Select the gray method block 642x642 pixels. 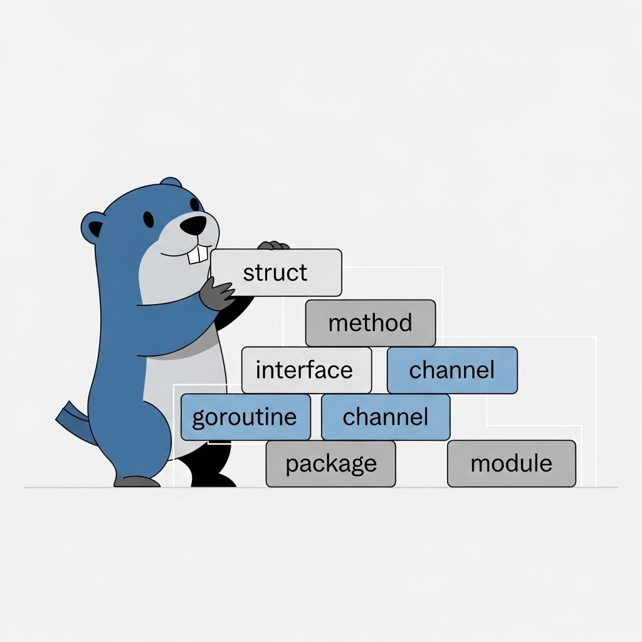point(370,323)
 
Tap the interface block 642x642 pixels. point(306,370)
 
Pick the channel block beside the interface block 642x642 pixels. point(452,370)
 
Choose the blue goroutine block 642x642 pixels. point(245,417)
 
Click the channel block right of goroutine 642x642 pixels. point(386,417)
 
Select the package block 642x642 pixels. point(330,464)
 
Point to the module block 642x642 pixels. point(511,464)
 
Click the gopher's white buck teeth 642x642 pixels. point(199,253)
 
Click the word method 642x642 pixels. point(370,324)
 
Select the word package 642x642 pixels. point(330,465)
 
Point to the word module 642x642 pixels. point(511,464)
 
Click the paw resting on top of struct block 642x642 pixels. point(273,245)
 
